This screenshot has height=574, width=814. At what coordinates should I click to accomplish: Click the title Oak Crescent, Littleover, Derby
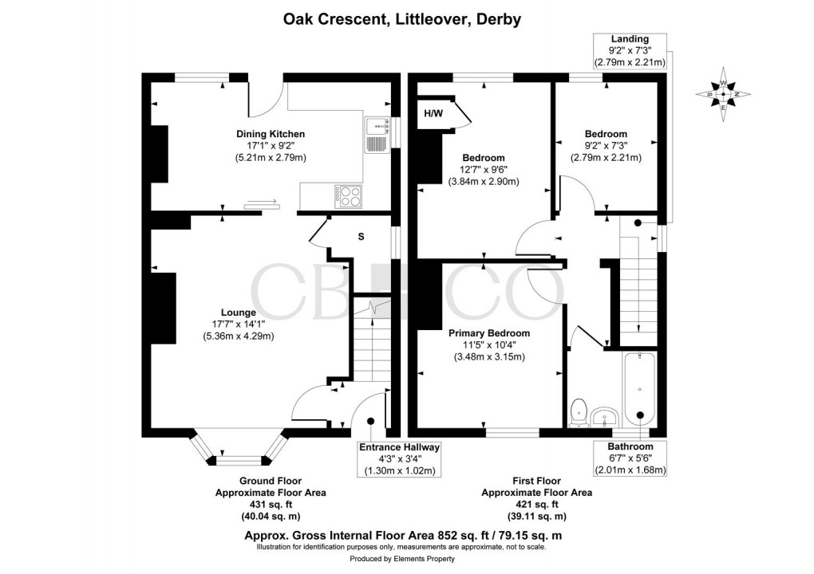401,20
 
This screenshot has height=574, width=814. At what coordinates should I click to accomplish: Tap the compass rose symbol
723,94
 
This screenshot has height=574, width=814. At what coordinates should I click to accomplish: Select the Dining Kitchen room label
271,134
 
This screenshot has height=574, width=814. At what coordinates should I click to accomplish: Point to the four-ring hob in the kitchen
349,197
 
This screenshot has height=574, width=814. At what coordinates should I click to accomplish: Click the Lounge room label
239,313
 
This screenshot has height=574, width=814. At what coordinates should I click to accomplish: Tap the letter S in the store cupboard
362,237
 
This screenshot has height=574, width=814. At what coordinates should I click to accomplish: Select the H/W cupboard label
433,113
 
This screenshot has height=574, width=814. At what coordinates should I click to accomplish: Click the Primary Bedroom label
489,333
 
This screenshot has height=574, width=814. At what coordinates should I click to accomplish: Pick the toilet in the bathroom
578,413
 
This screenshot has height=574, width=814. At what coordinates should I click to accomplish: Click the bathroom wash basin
605,417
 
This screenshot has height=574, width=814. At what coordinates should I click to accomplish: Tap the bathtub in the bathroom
639,389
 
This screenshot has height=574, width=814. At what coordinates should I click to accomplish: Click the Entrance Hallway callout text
400,459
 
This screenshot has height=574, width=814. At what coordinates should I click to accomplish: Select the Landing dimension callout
630,51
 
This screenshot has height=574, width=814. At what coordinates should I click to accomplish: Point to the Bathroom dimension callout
630,458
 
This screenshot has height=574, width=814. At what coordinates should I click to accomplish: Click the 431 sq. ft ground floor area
271,505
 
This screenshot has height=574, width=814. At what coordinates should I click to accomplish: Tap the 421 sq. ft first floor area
537,505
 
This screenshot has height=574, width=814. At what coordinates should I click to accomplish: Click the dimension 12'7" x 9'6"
484,170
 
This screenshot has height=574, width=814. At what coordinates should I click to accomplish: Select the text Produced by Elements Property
401,559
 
